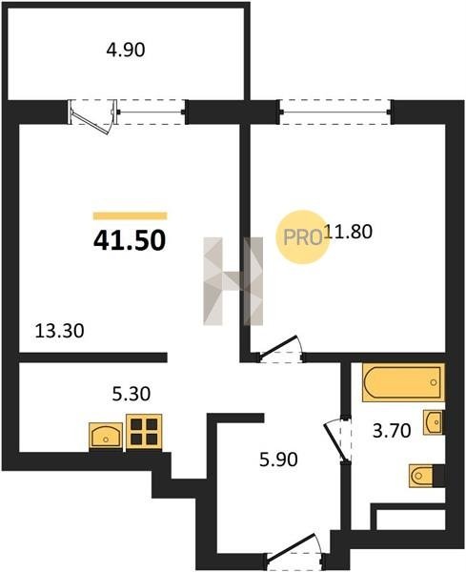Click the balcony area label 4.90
coord(126,50)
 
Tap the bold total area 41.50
coord(130,241)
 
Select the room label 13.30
coord(59,331)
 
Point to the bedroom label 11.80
coord(348,232)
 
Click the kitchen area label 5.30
coord(132,394)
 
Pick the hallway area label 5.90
coord(278,460)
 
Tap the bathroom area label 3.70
coord(392,431)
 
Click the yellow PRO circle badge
coord(303,236)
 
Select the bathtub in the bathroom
coord(403,382)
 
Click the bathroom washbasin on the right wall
coord(435,422)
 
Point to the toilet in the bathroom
coord(427,476)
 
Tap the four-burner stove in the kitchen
coord(144,431)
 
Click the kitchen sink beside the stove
coord(106,436)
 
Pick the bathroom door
coord(338,439)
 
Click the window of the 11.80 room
coord(335,112)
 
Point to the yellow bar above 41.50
coord(131,216)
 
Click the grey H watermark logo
coord(233,281)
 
